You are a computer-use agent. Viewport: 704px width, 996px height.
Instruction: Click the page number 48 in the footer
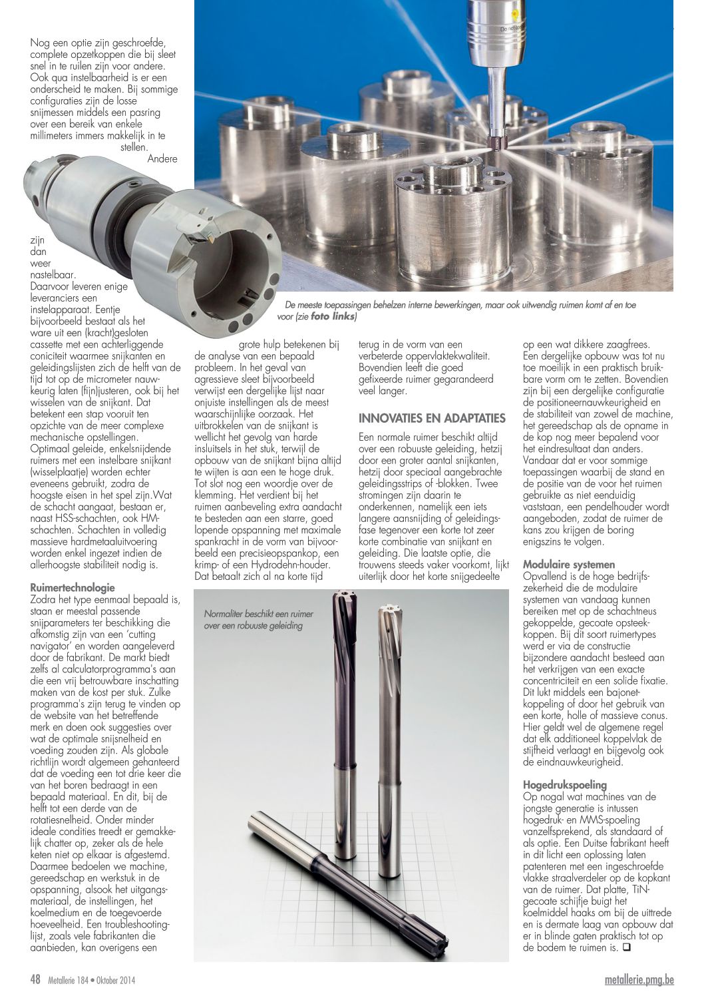(x=36, y=979)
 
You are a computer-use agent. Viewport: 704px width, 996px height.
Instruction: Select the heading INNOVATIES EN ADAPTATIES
(x=432, y=418)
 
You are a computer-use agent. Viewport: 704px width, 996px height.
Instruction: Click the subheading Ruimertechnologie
(x=73, y=588)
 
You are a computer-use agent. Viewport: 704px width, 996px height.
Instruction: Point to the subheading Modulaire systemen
(x=569, y=565)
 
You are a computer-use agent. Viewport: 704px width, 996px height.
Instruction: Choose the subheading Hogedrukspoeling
(x=565, y=785)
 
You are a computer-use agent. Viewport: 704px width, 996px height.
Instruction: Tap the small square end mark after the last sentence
(x=626, y=947)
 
